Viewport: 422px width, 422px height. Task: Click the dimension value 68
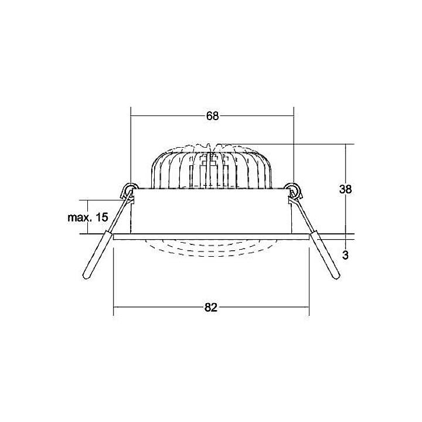pos(212,115)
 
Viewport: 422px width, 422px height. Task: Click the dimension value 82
pos(212,307)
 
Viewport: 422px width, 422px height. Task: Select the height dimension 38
pos(345,189)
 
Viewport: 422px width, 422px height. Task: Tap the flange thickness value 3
pos(345,255)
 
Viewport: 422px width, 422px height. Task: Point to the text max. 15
pos(87,217)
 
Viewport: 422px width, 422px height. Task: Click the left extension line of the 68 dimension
pos(130,147)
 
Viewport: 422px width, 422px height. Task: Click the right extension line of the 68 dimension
pos(293,147)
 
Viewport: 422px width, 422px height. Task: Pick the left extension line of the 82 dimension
pos(113,281)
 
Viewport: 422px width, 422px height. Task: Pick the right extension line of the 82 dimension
pos(309,281)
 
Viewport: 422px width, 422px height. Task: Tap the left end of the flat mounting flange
pos(115,237)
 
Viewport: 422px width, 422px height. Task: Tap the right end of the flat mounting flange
pos(307,237)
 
